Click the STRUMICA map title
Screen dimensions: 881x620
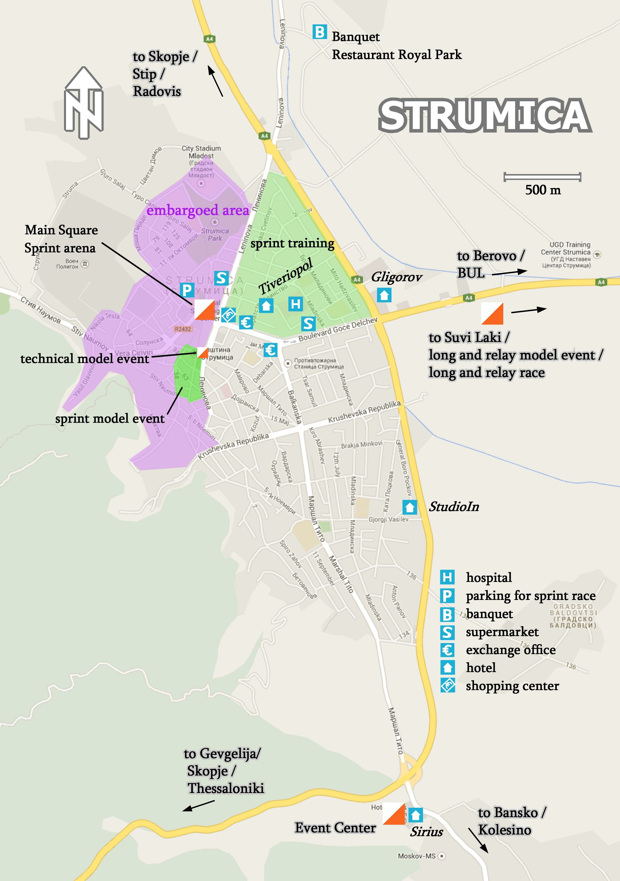pyautogui.click(x=485, y=115)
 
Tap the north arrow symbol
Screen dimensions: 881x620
pyautogui.click(x=84, y=103)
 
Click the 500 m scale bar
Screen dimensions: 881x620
pyautogui.click(x=542, y=177)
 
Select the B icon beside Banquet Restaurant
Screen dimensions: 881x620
pyautogui.click(x=319, y=32)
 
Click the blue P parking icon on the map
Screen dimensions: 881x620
pyautogui.click(x=187, y=290)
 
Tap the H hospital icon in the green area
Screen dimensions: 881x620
pyautogui.click(x=295, y=304)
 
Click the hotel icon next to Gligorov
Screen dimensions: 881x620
pyautogui.click(x=384, y=295)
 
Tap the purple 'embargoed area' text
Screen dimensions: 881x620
pyautogui.click(x=197, y=210)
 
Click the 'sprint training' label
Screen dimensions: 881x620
pyautogui.click(x=292, y=243)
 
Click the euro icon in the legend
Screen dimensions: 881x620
pyautogui.click(x=447, y=650)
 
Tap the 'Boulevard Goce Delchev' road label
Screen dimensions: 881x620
pyautogui.click(x=337, y=329)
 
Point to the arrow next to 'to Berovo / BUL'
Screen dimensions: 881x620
pyautogui.click(x=509, y=272)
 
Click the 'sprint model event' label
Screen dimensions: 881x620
pyautogui.click(x=110, y=418)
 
